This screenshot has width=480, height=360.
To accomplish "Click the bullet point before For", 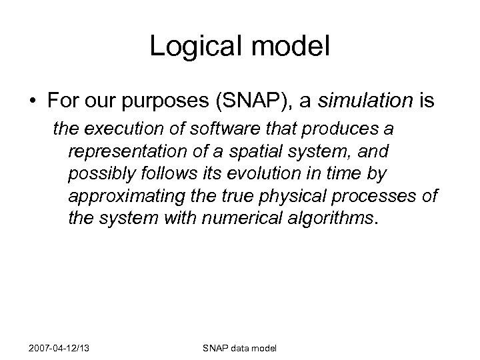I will [33, 101].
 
